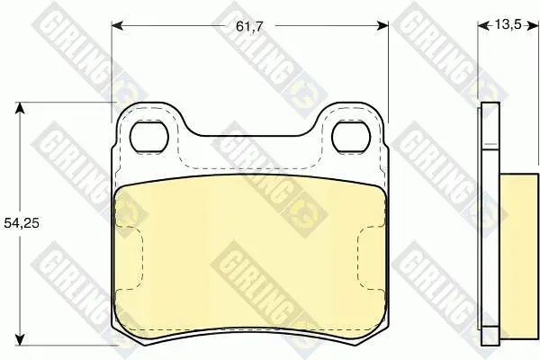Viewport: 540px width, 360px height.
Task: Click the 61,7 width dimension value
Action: [x=249, y=26]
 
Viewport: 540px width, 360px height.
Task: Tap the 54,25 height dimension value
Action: [x=22, y=223]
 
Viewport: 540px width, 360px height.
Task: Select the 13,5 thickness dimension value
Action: [x=508, y=25]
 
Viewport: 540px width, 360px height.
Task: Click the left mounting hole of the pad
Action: [x=149, y=137]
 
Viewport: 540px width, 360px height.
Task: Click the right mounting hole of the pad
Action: [x=351, y=137]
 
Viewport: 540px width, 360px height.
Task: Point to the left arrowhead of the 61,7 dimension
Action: [x=117, y=25]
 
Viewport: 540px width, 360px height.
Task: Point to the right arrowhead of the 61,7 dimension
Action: [x=382, y=25]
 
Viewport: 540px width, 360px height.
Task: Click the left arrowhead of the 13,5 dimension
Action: [x=483, y=25]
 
